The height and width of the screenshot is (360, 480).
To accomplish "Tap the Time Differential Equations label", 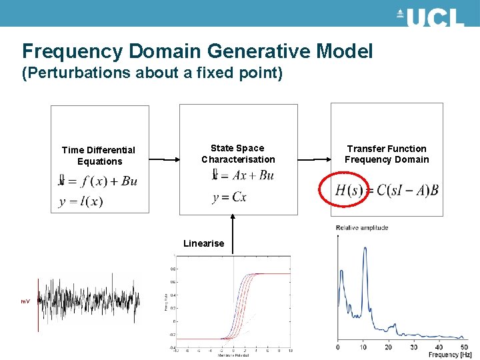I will pos(99,155).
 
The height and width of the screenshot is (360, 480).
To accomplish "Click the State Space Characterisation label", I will pos(238,153).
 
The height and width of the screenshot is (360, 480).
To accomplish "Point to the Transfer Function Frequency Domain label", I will pos(387,154).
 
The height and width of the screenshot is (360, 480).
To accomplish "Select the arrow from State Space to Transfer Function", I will pos(314,160).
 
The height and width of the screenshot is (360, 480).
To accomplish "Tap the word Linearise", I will pos(204,243).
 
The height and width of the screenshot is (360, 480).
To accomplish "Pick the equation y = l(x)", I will pos(81,201).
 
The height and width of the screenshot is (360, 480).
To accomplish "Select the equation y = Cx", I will pos(229,197).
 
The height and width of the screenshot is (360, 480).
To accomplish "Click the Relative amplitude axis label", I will pos(362,228).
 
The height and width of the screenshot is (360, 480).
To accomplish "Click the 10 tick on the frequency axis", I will pos(363,347).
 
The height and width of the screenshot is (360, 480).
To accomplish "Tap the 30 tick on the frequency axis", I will pos(413,347).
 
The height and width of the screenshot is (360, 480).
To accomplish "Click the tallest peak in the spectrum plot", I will pos(365,249).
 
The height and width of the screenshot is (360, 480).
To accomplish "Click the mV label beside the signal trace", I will pos(25,302).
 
